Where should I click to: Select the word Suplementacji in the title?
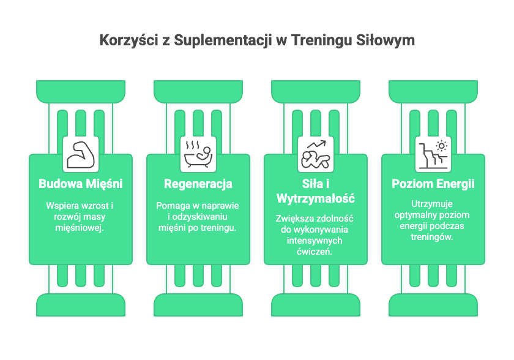(223, 40)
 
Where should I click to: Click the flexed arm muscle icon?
(81, 155)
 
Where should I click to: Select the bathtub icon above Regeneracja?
(198, 154)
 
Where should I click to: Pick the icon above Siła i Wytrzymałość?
(316, 154)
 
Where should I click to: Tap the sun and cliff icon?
(433, 155)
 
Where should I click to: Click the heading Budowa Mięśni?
(81, 184)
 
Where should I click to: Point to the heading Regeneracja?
(198, 184)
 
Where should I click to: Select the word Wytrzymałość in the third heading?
(316, 198)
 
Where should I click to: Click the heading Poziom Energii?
(433, 184)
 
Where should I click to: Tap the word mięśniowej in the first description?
(80, 228)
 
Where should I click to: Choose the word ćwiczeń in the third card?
(315, 252)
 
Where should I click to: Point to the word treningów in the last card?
(432, 237)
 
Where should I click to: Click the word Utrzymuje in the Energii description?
(432, 204)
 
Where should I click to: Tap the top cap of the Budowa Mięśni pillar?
(81, 91)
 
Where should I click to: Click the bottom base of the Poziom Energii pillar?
(433, 305)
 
